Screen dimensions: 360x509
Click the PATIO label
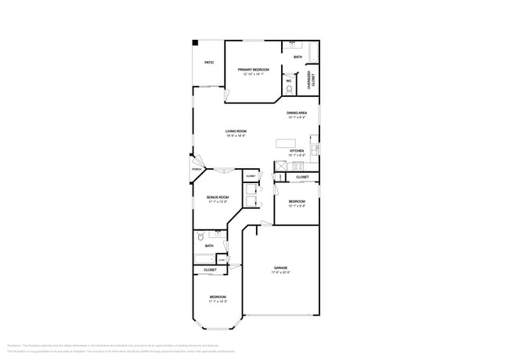tap(209, 63)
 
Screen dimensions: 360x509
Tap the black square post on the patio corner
tap(196, 43)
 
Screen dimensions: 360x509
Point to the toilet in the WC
tap(289, 90)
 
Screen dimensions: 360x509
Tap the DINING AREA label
tap(297, 113)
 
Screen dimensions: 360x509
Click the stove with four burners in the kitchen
tap(298, 166)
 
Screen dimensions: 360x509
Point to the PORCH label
tap(197, 169)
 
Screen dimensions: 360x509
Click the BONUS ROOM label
tap(218, 197)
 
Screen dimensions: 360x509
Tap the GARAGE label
tap(281, 268)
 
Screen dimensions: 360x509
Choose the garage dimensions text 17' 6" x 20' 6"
tap(281, 272)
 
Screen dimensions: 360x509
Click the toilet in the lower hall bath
tap(200, 236)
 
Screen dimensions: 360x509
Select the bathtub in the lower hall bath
tap(204, 259)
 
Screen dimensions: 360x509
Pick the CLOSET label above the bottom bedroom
tap(210, 270)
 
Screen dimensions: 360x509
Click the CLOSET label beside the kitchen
tap(302, 178)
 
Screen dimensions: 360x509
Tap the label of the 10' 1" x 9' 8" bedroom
tap(297, 201)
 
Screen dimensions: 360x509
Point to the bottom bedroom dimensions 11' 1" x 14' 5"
tap(218, 301)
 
